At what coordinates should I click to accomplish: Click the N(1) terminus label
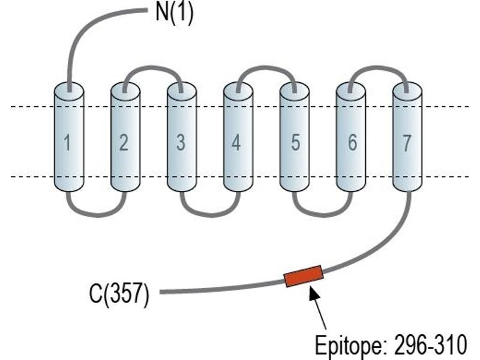pyautogui.click(x=175, y=13)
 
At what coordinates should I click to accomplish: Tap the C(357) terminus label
pyautogui.click(x=119, y=293)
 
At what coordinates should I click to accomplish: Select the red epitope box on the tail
pyautogui.click(x=304, y=276)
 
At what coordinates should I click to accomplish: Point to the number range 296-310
pyautogui.click(x=431, y=344)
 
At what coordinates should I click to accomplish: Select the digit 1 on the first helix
pyautogui.click(x=67, y=142)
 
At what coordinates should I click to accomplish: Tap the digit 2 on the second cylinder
pyautogui.click(x=124, y=142)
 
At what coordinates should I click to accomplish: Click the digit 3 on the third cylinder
pyautogui.click(x=181, y=142)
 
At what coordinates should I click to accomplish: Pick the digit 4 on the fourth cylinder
pyautogui.click(x=236, y=142)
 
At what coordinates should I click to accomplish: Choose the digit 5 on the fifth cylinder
pyautogui.click(x=295, y=142)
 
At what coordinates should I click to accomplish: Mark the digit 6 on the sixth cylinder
pyautogui.click(x=352, y=142)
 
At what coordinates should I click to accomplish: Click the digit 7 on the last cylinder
pyautogui.click(x=406, y=142)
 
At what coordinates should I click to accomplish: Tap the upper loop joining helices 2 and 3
pyautogui.click(x=153, y=68)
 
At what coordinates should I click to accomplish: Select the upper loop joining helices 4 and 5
pyautogui.click(x=266, y=68)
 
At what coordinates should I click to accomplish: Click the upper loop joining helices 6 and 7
pyautogui.click(x=379, y=68)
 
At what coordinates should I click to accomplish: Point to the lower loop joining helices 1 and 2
pyautogui.click(x=97, y=215)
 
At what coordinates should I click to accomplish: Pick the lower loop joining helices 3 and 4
pyautogui.click(x=210, y=215)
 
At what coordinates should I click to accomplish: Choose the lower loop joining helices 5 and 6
pyautogui.click(x=323, y=215)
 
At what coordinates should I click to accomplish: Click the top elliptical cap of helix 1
pyautogui.click(x=69, y=91)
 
